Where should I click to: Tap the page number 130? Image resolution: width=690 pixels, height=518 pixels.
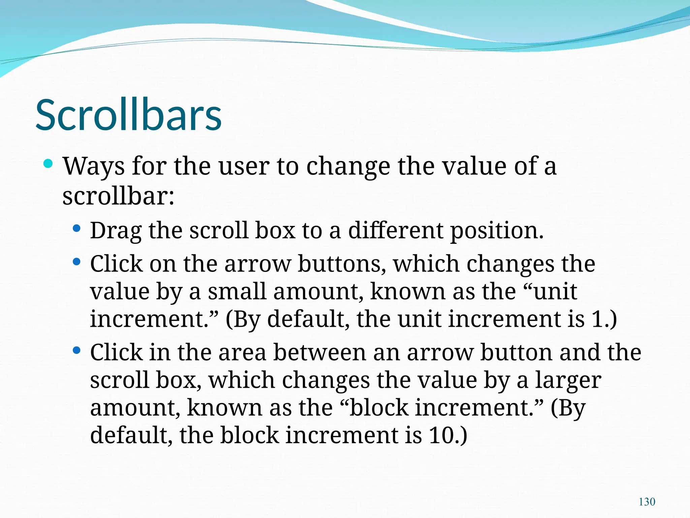pos(647,502)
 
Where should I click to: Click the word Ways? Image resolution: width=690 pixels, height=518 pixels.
pos(94,167)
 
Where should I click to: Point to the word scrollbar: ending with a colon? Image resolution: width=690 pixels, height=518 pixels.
pos(118,196)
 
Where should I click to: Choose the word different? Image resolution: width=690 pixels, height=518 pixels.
pos(396,231)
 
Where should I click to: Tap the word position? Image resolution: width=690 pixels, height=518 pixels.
pos(497,231)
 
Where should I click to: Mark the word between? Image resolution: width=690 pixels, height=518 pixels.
pos(319,353)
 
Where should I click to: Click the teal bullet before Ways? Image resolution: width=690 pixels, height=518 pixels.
pos(48,164)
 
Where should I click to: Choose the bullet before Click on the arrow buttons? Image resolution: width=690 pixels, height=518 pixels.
pos(76,262)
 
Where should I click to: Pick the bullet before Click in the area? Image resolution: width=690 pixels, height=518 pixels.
pos(76,350)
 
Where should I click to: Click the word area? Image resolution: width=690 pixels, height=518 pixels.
pos(242,353)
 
